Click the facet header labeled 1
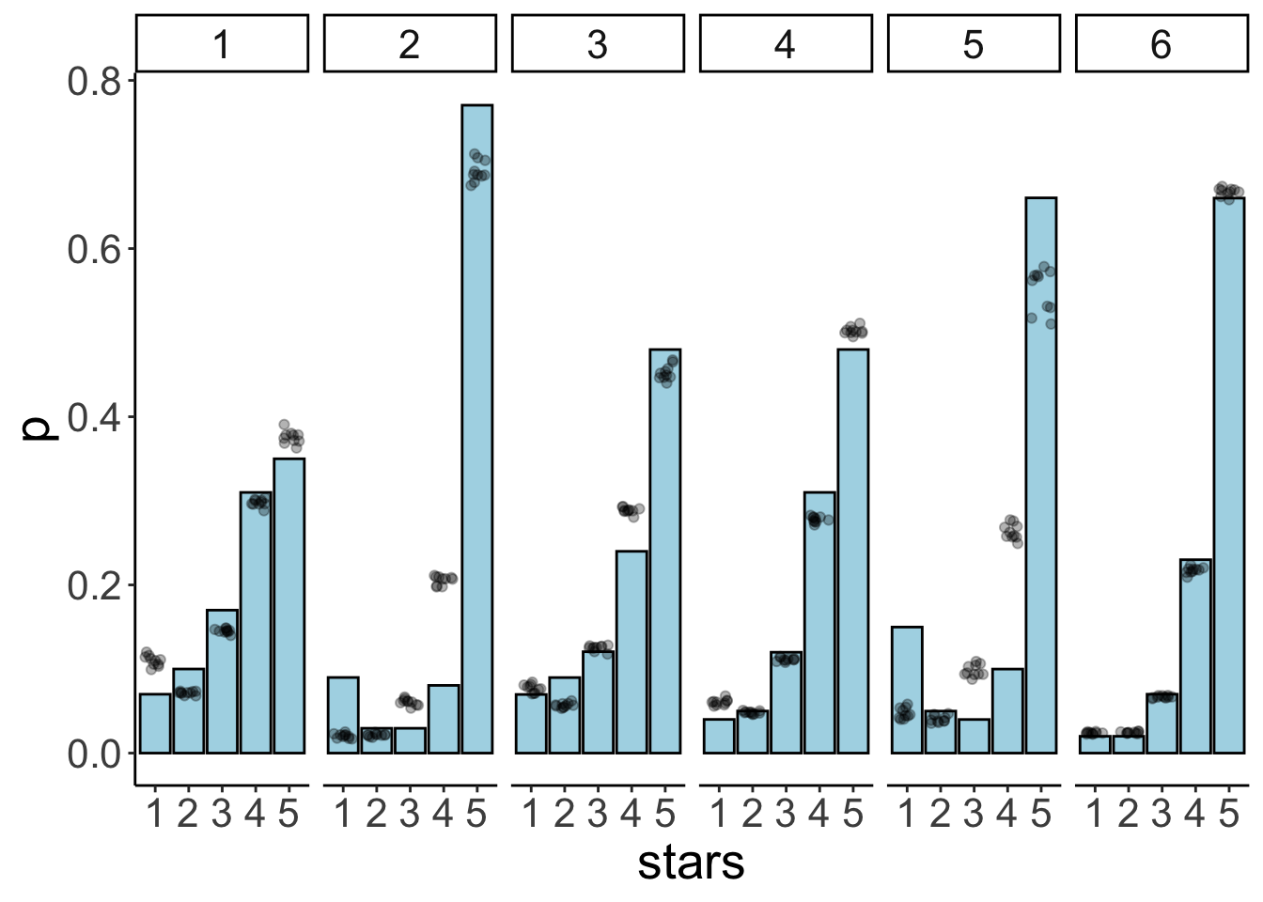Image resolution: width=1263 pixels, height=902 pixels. pos(222,43)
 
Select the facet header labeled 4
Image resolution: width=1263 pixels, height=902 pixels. pos(786,43)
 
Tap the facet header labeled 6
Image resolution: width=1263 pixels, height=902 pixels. pos(1162,43)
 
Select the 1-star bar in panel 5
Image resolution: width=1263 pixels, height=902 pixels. pos(907,690)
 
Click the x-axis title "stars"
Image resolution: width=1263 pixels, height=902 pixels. pos(691,863)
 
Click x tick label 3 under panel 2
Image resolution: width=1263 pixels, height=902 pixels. pos(410,814)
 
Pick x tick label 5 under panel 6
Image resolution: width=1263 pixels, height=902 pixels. pos(1229,814)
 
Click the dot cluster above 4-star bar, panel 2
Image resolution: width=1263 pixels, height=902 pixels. pos(443,580)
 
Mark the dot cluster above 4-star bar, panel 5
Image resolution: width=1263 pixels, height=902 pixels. pos(1010,531)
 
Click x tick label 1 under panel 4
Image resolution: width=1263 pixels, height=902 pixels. pos(719,814)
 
